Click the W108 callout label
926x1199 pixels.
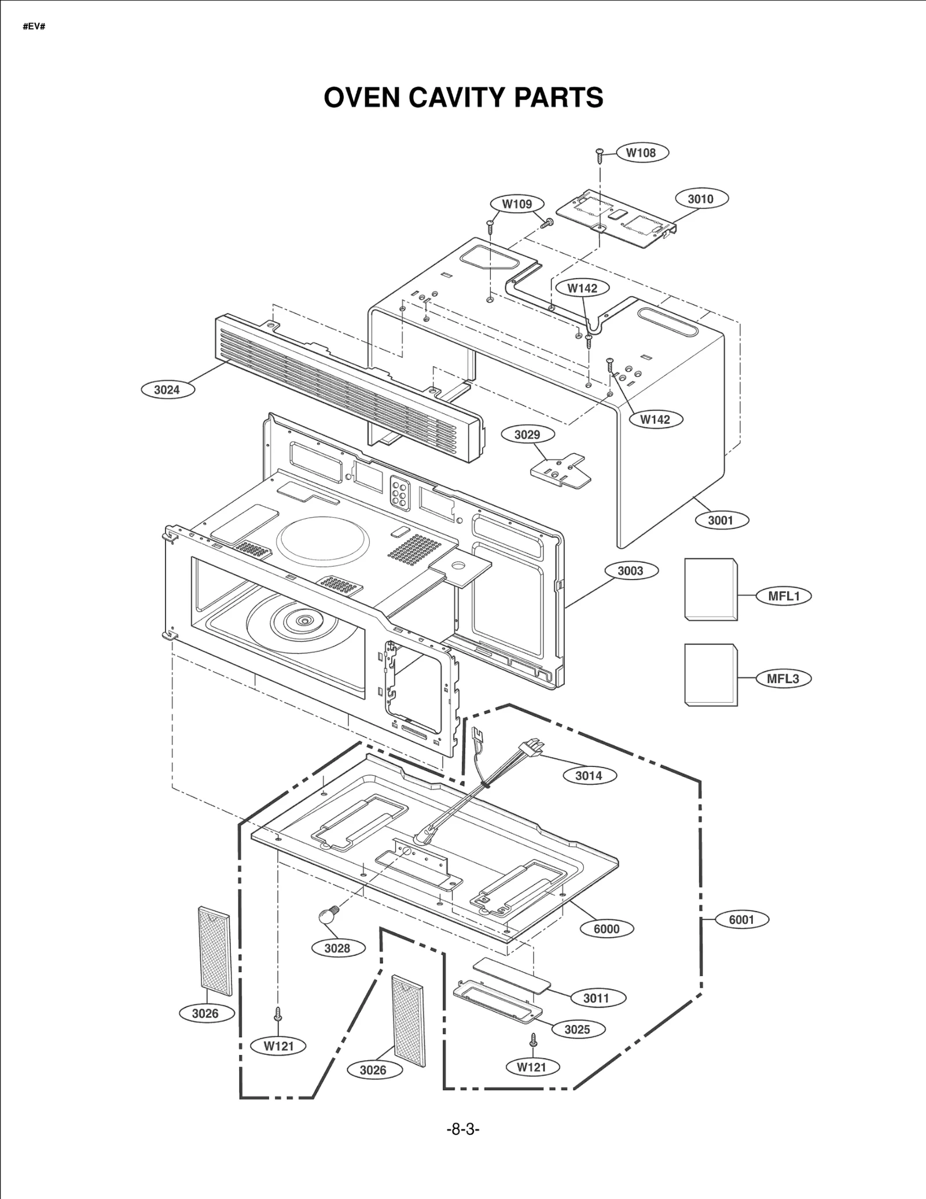click(x=641, y=153)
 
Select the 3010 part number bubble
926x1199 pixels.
click(x=701, y=199)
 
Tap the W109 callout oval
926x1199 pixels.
click(x=517, y=204)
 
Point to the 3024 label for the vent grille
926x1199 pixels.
click(x=167, y=390)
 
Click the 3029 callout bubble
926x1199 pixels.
click(x=527, y=434)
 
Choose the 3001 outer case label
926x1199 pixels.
click(x=721, y=520)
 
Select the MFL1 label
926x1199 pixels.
click(x=784, y=596)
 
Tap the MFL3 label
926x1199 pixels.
click(x=783, y=678)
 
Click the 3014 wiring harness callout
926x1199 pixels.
click(x=589, y=776)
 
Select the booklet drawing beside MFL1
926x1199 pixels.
click(x=711, y=589)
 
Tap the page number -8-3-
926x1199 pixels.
click(x=463, y=1128)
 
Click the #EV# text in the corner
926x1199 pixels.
click(x=34, y=27)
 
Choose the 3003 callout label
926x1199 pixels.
click(x=630, y=571)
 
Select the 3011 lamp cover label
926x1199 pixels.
click(x=596, y=998)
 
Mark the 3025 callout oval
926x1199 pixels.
click(x=577, y=1029)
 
